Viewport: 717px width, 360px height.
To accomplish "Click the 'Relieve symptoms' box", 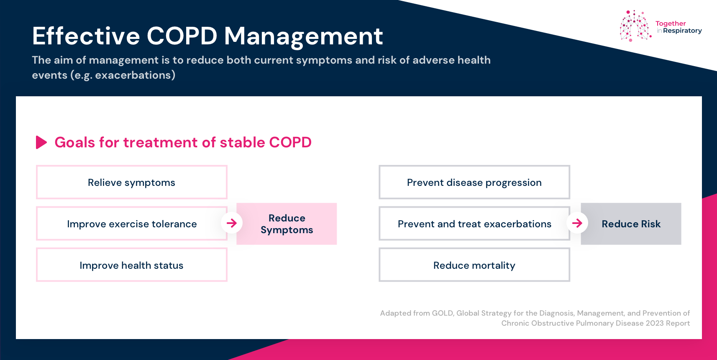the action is (131, 182).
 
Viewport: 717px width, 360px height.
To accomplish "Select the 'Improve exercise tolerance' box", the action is (131, 224).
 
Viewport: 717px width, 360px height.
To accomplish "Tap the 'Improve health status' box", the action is (131, 265).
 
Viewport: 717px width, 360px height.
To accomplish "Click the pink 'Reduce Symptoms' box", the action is (287, 224).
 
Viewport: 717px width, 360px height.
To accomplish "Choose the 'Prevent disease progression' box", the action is (474, 182).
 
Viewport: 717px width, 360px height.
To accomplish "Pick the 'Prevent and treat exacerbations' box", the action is (474, 224).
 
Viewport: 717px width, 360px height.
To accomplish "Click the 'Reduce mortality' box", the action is (474, 265).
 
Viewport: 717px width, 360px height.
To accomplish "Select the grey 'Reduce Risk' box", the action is (631, 224).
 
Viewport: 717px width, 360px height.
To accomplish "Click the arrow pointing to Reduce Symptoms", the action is (232, 223).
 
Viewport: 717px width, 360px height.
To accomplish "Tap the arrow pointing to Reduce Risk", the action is (577, 223).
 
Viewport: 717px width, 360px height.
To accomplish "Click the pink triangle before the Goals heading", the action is (41, 142).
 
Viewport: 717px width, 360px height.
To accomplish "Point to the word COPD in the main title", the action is (182, 36).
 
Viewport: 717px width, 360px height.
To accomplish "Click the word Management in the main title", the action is (303, 37).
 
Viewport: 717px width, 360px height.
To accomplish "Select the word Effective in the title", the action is (86, 36).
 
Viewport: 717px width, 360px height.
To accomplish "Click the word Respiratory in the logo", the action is (682, 31).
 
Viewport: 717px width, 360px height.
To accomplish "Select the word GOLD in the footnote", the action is (443, 313).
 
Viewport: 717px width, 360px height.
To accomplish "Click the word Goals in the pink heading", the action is (75, 142).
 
